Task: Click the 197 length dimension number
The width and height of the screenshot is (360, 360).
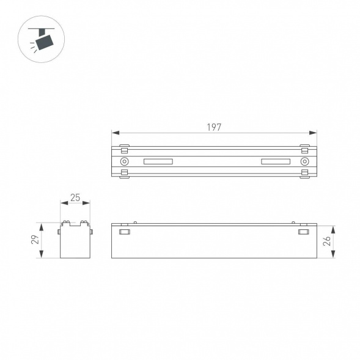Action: pos(213,127)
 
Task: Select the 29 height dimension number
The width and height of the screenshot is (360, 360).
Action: pos(35,240)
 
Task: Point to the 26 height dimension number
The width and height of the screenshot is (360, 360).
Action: pos(328,240)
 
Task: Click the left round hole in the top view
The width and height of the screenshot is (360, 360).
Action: pos(124,162)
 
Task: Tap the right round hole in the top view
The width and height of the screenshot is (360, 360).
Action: pos(304,162)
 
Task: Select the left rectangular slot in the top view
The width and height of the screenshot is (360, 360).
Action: pos(159,162)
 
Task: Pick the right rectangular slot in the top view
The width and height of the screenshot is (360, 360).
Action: pos(276,162)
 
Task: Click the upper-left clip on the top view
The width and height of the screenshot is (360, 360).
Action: pos(124,149)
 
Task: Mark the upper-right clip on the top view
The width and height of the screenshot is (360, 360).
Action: pos(304,149)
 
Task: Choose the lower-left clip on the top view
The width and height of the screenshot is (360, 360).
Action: pos(124,174)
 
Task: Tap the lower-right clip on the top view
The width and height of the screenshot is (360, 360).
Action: pos(304,174)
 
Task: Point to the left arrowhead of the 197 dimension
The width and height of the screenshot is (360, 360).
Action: pos(114,133)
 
